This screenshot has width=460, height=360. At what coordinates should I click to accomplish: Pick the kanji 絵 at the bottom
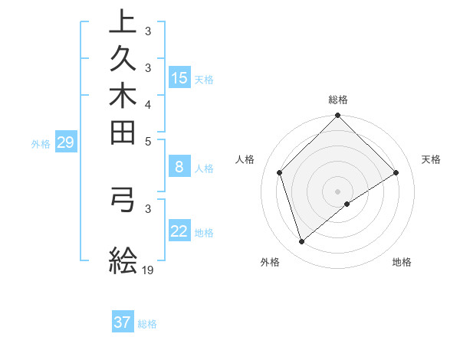(x=123, y=261)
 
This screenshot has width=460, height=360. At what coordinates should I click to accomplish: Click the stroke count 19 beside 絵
(x=149, y=270)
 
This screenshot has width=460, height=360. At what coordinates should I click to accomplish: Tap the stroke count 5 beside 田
(x=148, y=141)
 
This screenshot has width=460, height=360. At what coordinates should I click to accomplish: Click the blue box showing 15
(x=179, y=77)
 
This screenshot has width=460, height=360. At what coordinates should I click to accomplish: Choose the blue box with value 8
(x=179, y=167)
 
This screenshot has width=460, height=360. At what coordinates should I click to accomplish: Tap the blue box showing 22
(x=179, y=231)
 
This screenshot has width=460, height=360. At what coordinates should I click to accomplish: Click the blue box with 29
(x=65, y=142)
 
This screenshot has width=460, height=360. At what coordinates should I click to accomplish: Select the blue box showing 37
(x=123, y=322)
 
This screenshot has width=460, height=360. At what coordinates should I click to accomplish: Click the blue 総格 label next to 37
(x=147, y=324)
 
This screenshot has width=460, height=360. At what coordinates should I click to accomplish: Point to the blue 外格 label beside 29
(x=41, y=143)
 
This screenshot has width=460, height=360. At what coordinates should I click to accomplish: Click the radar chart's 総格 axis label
(x=337, y=100)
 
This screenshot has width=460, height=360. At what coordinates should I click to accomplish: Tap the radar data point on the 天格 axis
(x=396, y=172)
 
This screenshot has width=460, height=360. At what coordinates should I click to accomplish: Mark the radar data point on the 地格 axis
(x=347, y=204)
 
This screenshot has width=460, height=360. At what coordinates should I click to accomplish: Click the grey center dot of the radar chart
(x=337, y=191)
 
